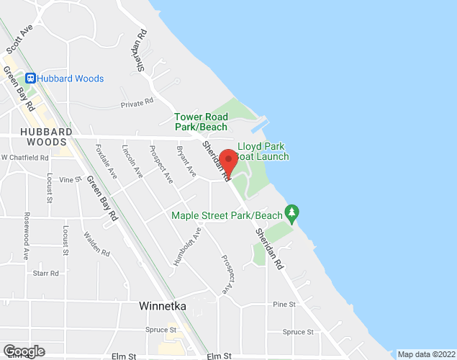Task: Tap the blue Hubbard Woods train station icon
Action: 31,78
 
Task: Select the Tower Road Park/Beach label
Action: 200,122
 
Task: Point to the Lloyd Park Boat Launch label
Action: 263,151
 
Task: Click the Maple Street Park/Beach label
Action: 227,215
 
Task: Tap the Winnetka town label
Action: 162,306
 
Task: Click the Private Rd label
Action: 137,103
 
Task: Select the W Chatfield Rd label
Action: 24,158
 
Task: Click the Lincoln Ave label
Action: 132,161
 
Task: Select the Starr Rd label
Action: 46,274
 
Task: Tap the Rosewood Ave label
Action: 27,235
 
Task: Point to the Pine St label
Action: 284,305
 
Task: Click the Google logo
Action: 23,351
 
